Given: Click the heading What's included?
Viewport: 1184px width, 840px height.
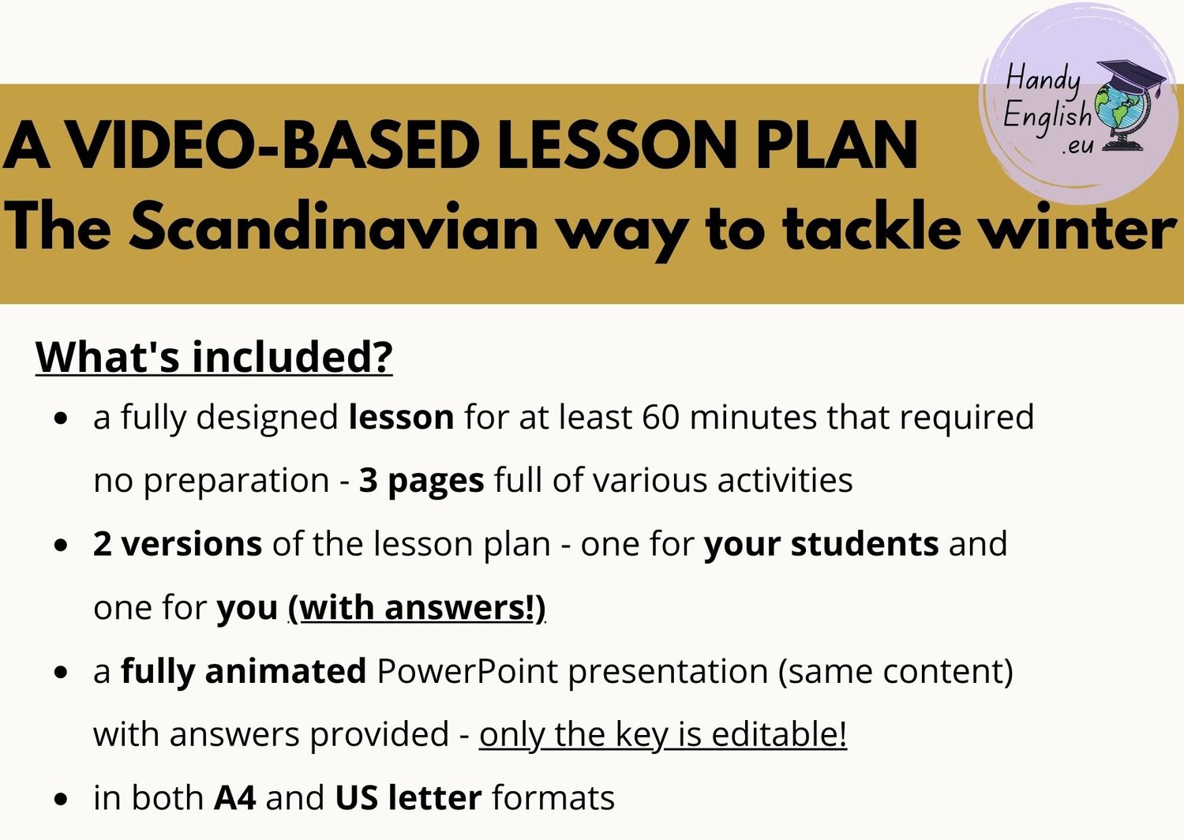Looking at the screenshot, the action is click(x=214, y=357).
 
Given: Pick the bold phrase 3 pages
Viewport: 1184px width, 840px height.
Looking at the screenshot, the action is click(x=422, y=481).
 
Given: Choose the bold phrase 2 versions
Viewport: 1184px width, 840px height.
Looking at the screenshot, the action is click(x=177, y=544).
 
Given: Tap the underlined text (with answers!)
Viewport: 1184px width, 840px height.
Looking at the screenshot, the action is click(x=417, y=608).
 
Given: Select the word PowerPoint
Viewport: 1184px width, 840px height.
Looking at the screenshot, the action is click(x=467, y=671).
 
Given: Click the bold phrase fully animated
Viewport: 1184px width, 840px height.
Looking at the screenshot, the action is click(x=244, y=671).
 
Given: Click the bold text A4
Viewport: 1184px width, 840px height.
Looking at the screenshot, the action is click(x=235, y=798).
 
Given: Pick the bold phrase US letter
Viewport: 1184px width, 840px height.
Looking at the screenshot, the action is click(x=409, y=798).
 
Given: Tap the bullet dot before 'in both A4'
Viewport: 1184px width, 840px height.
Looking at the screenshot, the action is click(x=62, y=799).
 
